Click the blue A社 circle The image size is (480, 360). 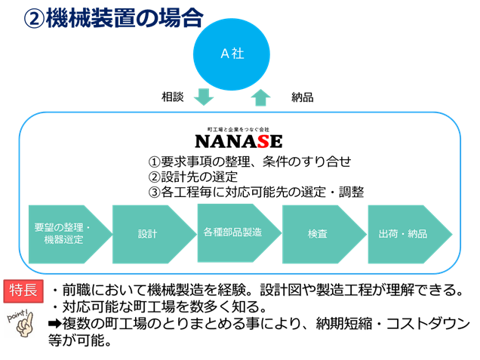(x=232, y=54)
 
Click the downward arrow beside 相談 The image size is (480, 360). (x=204, y=97)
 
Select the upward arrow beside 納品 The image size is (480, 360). (x=260, y=97)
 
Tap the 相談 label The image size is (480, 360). (x=173, y=97)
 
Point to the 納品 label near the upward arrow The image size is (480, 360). (x=303, y=97)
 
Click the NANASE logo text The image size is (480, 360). (x=238, y=141)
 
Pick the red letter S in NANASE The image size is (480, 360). (x=263, y=141)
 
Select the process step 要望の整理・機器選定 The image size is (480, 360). (x=70, y=234)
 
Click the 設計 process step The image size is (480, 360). (x=155, y=234)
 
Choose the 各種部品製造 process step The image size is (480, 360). (x=239, y=233)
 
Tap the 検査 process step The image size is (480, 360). (x=325, y=234)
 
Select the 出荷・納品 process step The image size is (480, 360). (x=410, y=234)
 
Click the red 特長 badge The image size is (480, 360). (x=23, y=291)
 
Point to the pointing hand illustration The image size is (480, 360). (x=21, y=323)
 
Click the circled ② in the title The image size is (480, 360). (x=34, y=19)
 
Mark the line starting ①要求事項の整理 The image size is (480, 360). (x=250, y=162)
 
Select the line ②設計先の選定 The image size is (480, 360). (x=193, y=177)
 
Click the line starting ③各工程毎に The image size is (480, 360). (x=256, y=192)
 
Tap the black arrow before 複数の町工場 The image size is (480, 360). (x=55, y=323)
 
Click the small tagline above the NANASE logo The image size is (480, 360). (x=238, y=130)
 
